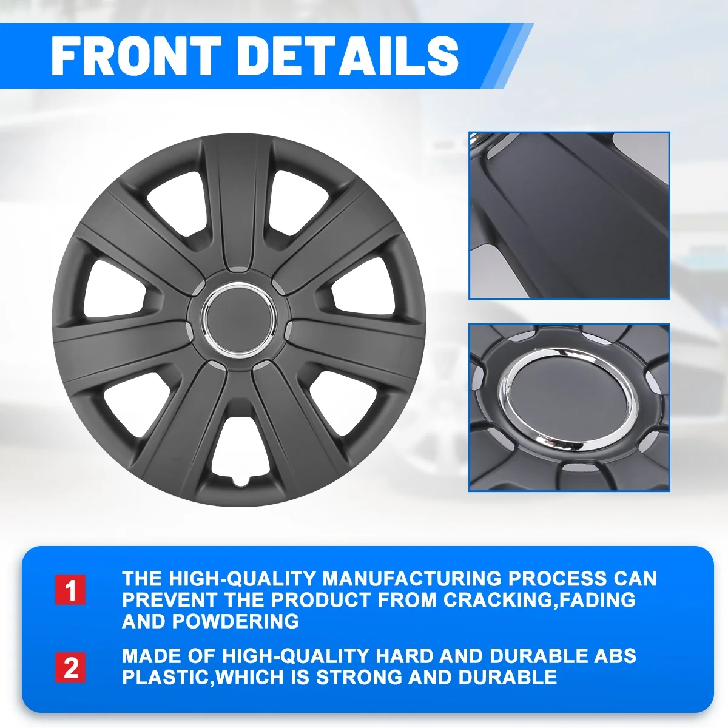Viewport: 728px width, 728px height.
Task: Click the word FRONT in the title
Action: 136,56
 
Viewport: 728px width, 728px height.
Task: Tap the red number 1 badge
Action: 70,590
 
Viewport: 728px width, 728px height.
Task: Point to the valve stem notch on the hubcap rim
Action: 240,483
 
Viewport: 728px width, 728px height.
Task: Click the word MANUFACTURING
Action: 411,578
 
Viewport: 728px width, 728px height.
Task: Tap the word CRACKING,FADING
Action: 539,599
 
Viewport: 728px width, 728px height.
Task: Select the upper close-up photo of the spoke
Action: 569,216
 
